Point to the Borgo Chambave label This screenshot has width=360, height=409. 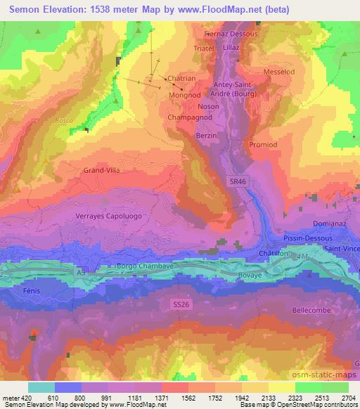click(x=140, y=268)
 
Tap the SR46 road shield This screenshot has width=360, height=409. click(x=238, y=181)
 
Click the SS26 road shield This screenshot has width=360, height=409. click(x=182, y=304)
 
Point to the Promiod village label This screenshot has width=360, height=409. click(x=263, y=144)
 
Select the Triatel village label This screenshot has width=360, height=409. click(x=203, y=48)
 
